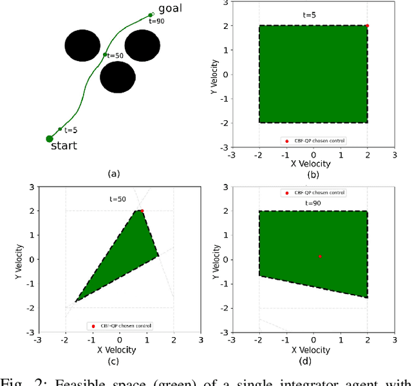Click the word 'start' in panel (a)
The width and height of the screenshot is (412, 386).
64,145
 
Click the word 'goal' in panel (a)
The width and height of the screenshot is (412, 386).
170,8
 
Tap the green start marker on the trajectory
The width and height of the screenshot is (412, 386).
50,138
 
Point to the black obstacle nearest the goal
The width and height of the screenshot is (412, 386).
142,45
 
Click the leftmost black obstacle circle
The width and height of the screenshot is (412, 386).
83,45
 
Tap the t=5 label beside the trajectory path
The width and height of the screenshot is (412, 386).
71,129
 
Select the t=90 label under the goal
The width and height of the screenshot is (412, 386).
156,21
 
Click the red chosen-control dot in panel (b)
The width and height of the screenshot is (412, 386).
367,26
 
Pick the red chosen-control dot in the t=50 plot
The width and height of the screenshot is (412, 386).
142,210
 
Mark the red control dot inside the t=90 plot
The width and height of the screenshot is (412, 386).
320,257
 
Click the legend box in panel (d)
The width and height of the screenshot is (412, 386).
313,192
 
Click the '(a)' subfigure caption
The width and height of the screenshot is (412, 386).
114,173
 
